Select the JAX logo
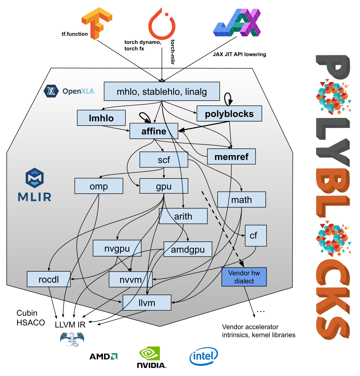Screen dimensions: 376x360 238,23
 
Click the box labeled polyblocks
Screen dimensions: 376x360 230,114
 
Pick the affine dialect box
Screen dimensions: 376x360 154,131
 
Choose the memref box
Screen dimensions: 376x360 231,157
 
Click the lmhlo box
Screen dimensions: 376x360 101,118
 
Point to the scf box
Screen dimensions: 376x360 164,160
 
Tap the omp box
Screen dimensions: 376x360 99,186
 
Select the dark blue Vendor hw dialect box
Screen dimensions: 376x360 244,277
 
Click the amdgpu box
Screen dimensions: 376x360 188,250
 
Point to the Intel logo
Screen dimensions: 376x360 204,357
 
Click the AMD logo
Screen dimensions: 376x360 103,357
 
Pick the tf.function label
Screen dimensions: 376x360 74,34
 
